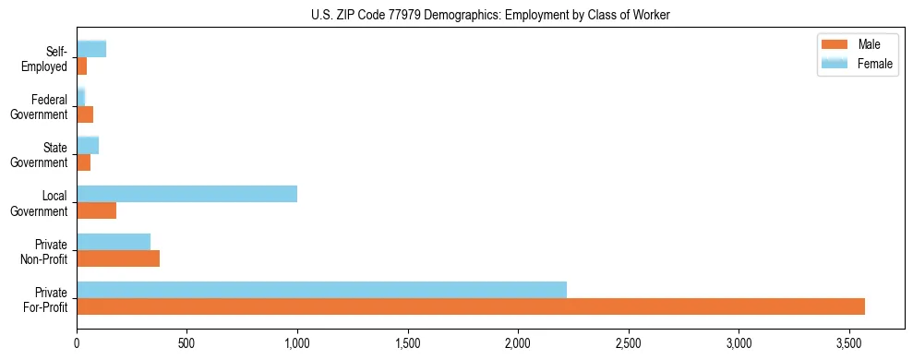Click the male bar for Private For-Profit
(x=471, y=306)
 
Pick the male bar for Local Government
(x=96, y=210)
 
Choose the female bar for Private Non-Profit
(x=114, y=242)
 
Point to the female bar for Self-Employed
(x=91, y=50)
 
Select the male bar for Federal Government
(x=85, y=114)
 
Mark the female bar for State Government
(x=88, y=146)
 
